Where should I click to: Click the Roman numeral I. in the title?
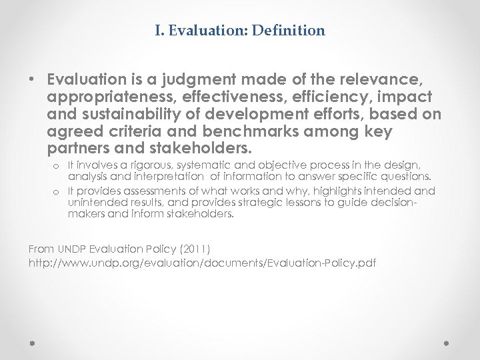click(x=160, y=30)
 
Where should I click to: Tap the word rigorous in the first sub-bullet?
click(x=147, y=163)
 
